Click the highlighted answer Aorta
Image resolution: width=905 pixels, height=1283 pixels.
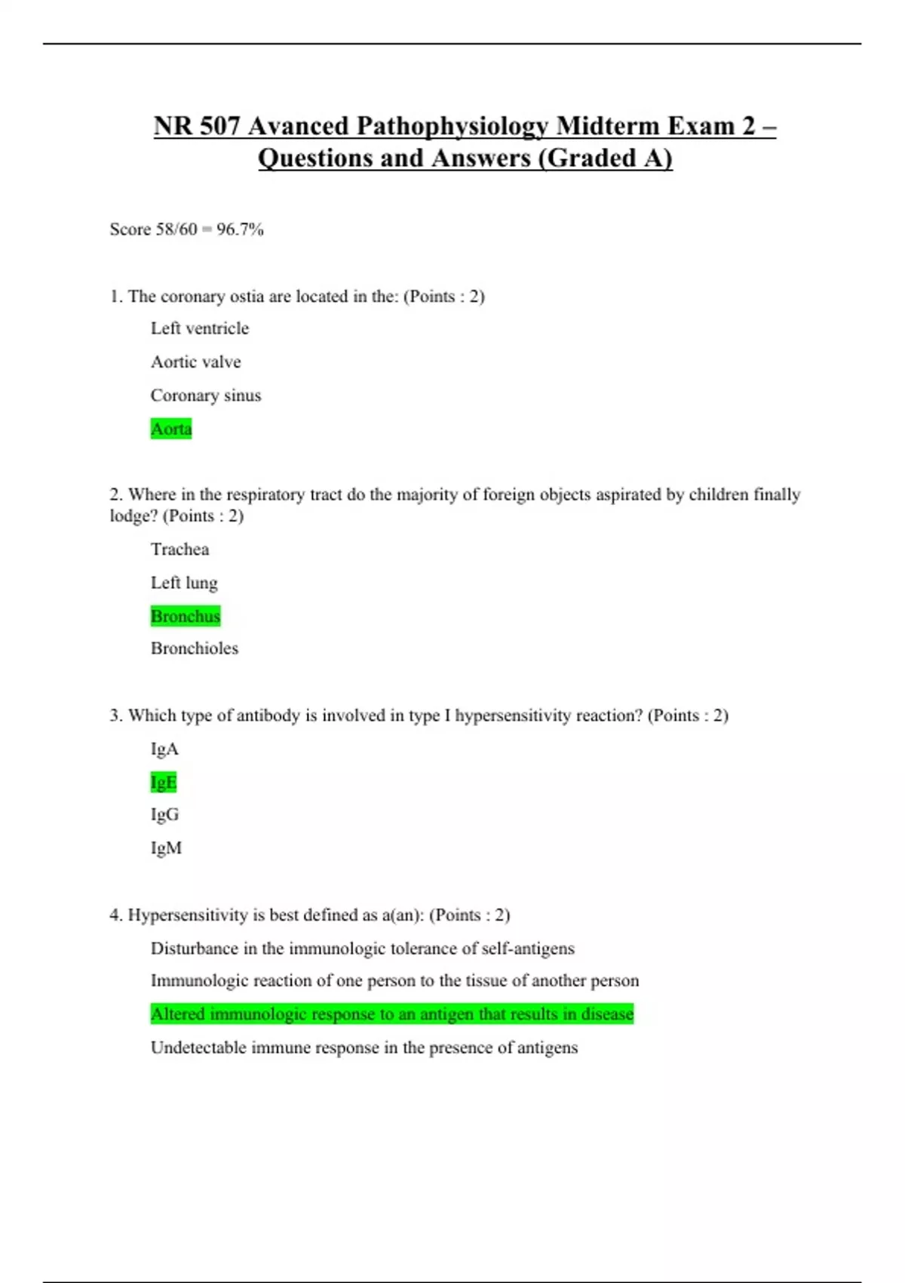[x=171, y=429]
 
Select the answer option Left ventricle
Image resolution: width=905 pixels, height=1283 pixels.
[x=199, y=328]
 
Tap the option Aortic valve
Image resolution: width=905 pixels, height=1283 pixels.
[x=195, y=362]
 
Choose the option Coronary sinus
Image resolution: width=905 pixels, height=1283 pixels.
[x=205, y=395]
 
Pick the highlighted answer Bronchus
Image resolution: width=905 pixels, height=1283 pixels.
[x=186, y=616]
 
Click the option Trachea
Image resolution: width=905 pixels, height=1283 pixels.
[x=179, y=549]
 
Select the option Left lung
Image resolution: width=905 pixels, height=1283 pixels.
[x=184, y=583]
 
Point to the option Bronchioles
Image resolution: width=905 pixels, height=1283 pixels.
[x=194, y=648]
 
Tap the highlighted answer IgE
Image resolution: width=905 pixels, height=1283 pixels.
[x=164, y=782]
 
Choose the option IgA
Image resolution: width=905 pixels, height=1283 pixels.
[x=164, y=749]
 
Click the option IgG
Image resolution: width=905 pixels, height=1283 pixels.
[x=164, y=814]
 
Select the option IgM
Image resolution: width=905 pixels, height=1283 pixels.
[x=166, y=848]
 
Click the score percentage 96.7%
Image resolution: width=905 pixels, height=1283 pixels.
[x=240, y=229]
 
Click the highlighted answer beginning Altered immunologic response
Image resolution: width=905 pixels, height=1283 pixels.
[x=392, y=1014]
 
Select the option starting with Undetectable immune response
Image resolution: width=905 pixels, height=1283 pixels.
[x=364, y=1048]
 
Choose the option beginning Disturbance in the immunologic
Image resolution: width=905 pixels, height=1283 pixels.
[x=362, y=948]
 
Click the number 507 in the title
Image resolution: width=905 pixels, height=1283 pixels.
[x=219, y=126]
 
